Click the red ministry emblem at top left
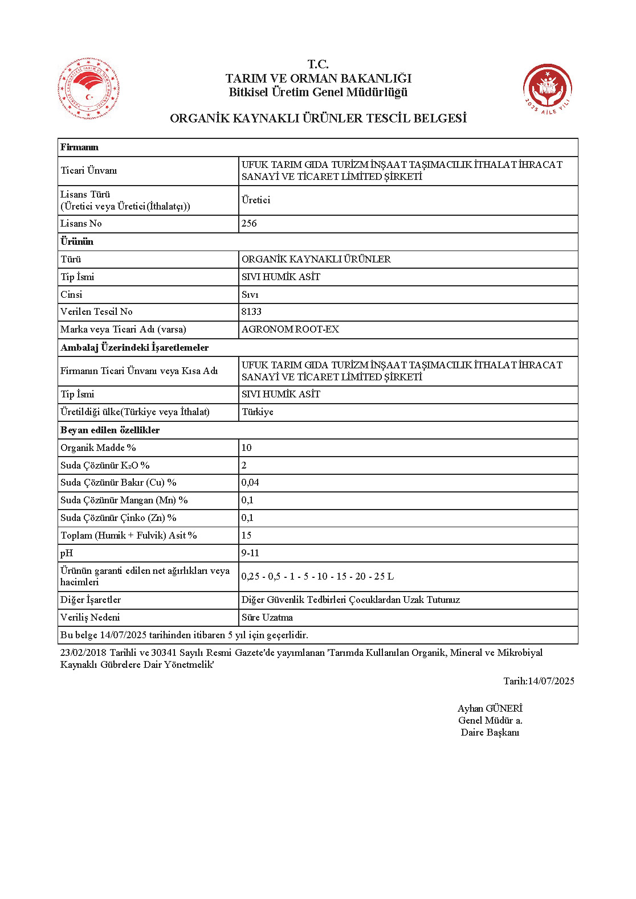click(x=88, y=89)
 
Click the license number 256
click(x=249, y=224)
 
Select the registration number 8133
click(x=251, y=312)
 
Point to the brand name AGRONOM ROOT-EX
click(x=290, y=330)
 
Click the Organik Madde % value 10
click(x=246, y=448)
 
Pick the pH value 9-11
click(x=250, y=553)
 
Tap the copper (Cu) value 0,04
click(x=250, y=483)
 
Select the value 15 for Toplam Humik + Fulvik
click(x=246, y=536)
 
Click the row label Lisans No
click(x=81, y=224)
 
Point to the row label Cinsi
click(x=71, y=295)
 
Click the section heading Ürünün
click(x=77, y=241)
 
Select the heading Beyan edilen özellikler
click(x=110, y=430)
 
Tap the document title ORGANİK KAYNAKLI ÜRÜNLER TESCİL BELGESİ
click(x=318, y=118)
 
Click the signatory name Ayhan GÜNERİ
click(x=490, y=709)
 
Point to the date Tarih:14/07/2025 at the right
click(x=539, y=682)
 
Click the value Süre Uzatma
click(x=267, y=618)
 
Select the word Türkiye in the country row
click(x=258, y=412)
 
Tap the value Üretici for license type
click(x=256, y=200)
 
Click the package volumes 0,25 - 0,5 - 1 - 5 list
click(x=317, y=577)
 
